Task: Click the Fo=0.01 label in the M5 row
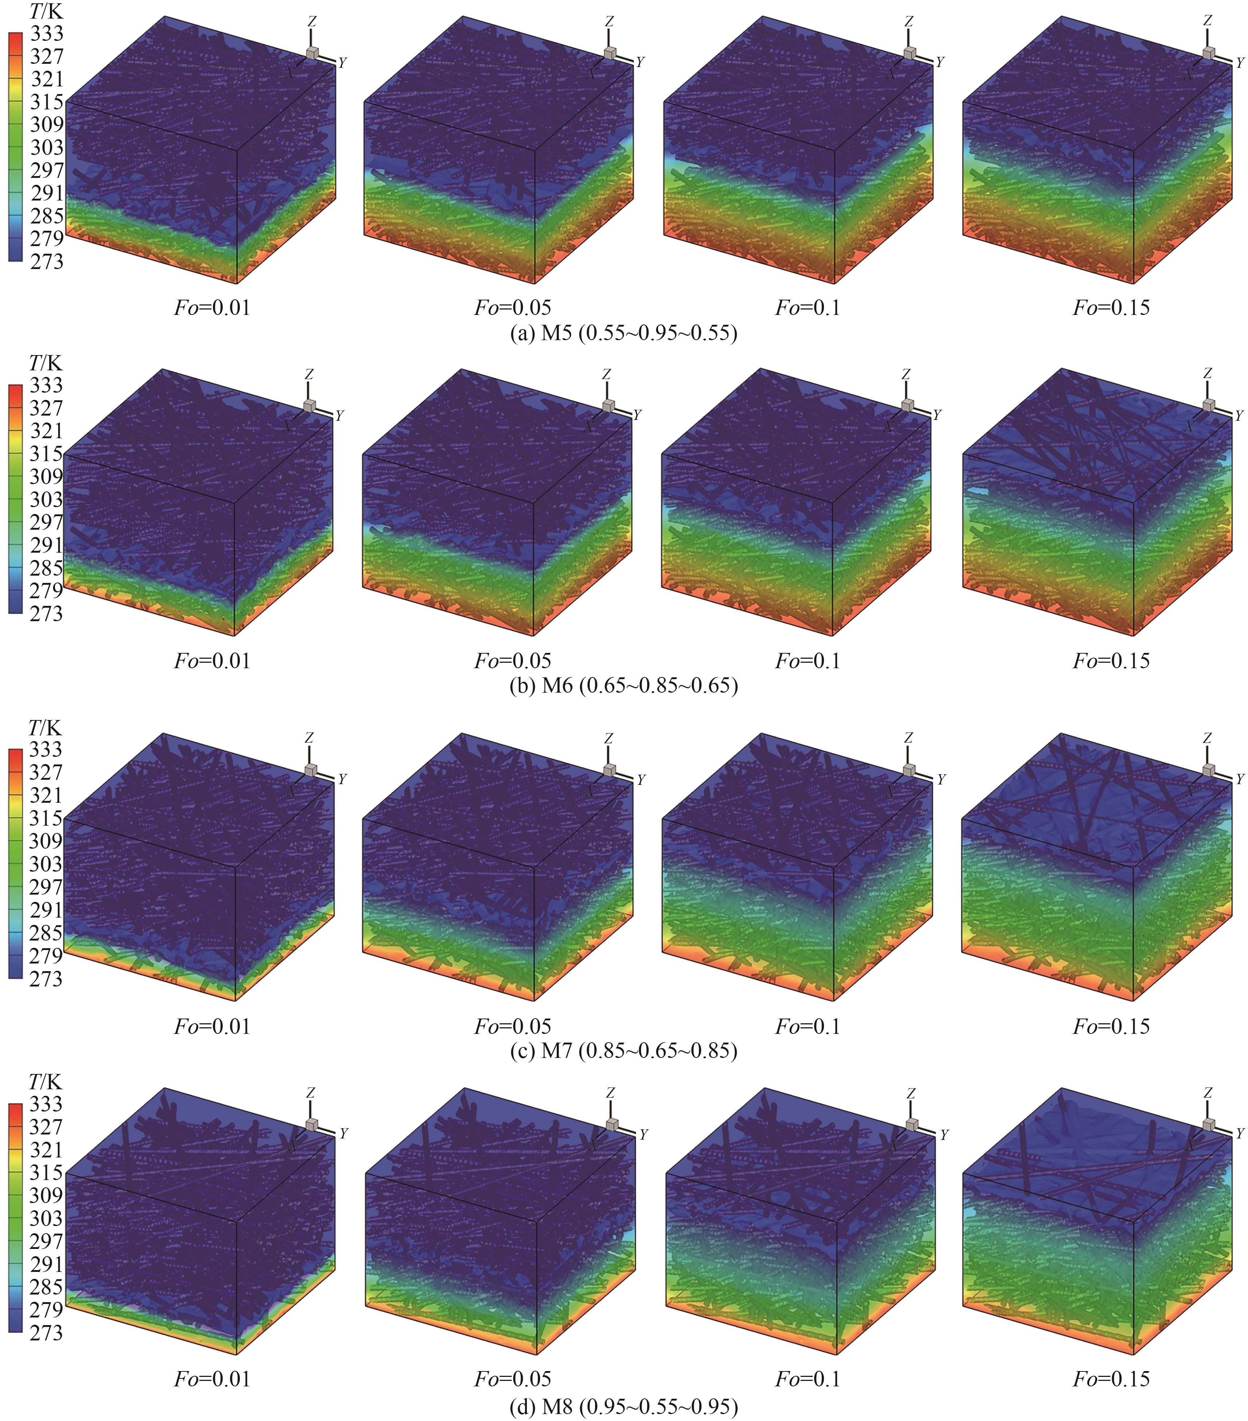coord(212,307)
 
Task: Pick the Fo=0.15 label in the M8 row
coord(1111,1379)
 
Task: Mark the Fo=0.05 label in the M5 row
coord(512,307)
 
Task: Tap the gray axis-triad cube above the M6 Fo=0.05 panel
coord(609,405)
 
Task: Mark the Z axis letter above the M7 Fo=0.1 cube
coord(908,737)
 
